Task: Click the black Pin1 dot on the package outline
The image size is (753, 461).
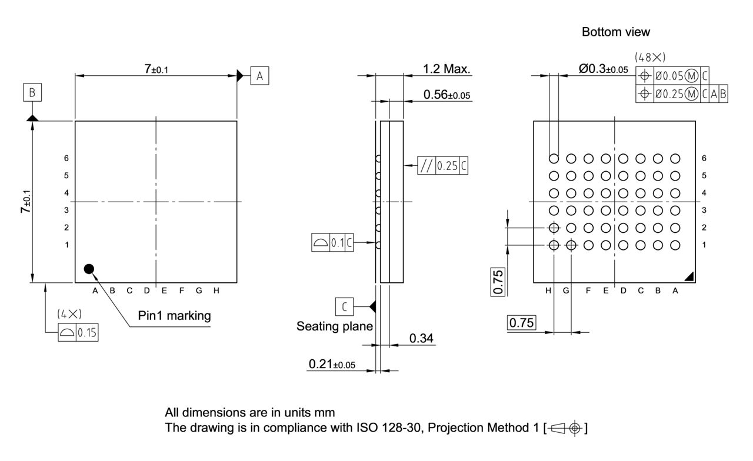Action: [89, 269]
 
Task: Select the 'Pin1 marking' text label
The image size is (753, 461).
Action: [174, 316]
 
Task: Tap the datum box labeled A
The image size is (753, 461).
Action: [260, 75]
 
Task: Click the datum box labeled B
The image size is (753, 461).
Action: [33, 92]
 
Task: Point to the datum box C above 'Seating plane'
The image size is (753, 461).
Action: [345, 306]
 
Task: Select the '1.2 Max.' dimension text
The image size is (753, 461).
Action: [447, 69]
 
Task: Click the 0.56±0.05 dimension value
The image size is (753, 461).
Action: [447, 95]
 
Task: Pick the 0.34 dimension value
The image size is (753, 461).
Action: [421, 338]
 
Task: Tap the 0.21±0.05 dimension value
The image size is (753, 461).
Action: [332, 365]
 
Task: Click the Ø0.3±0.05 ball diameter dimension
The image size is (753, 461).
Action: [603, 69]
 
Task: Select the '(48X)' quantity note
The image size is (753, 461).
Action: [650, 58]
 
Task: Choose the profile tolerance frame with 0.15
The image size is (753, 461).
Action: [78, 333]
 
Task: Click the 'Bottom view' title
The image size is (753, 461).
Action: [616, 32]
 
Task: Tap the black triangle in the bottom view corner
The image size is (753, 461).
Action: [690, 276]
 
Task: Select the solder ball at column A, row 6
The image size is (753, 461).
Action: [675, 158]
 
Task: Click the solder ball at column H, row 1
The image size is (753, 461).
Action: [554, 245]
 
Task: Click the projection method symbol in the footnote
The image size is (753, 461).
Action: [567, 428]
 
